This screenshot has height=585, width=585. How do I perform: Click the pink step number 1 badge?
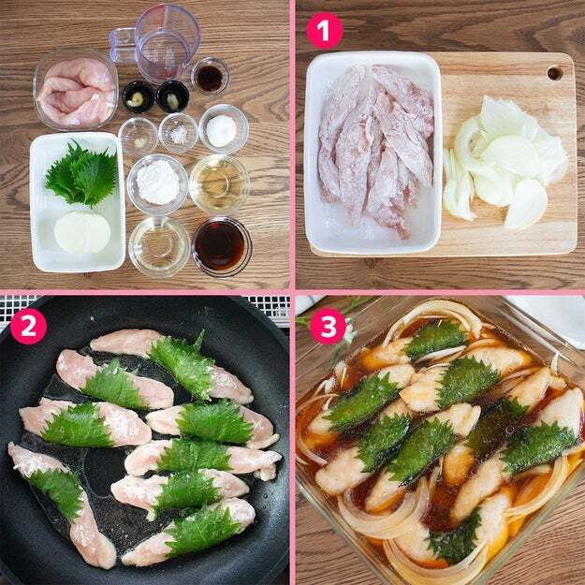(x=324, y=31)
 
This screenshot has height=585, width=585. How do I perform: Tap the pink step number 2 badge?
(x=28, y=326)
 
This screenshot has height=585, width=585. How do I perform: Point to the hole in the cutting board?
(x=555, y=73)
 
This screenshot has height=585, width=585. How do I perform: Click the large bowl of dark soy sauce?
(x=222, y=247)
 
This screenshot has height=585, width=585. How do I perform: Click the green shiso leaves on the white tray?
(x=82, y=173)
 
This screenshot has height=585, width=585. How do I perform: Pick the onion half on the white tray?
(x=82, y=232)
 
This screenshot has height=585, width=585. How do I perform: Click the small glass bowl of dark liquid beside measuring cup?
(x=210, y=78)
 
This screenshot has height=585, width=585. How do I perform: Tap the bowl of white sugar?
(x=223, y=130)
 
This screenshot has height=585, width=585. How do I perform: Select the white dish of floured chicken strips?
(x=373, y=153)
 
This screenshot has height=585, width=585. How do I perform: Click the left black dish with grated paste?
(x=139, y=96)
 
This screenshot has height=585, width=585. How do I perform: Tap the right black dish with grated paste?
(x=173, y=96)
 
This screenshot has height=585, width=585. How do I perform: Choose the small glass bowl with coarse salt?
(x=178, y=133)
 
